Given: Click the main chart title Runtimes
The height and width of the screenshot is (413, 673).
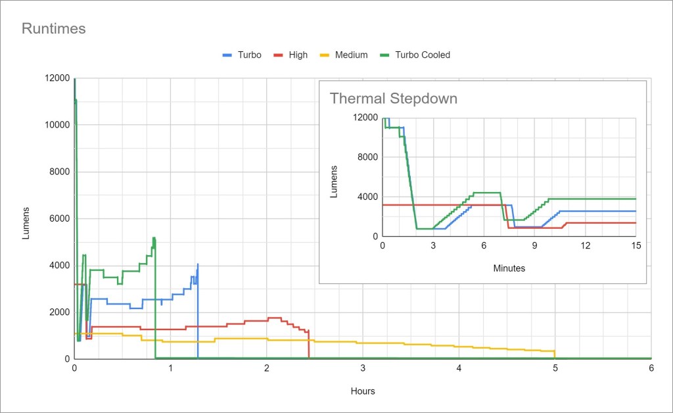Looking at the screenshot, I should coord(54,29).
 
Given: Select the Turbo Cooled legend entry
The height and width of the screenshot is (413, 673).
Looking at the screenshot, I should coord(422,55).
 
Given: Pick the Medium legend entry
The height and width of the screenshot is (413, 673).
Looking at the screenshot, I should coord(351,55).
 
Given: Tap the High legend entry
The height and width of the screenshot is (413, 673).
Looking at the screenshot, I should coord(298,55).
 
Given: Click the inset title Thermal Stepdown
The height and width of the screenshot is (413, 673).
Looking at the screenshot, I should coord(393,99).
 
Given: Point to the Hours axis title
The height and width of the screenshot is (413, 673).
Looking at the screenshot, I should coord(362,391).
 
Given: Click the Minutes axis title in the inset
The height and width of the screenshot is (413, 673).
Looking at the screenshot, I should coord(509,268).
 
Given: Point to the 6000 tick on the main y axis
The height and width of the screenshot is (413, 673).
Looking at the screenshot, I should coord(58,218).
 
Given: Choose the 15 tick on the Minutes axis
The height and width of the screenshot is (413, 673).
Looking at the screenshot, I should coord(636,245).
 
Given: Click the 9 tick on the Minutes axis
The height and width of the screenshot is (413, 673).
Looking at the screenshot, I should coord(534,245).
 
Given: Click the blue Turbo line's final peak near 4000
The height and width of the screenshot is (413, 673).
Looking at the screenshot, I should coord(198,264).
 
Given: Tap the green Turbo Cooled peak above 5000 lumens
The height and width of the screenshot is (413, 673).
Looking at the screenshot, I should coord(153,238).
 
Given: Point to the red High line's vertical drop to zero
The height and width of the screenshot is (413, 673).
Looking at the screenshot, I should coord(309,345).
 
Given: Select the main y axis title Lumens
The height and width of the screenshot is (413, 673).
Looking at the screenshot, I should coord(26,222).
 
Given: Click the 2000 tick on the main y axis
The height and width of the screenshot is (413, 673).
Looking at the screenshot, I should coord(58,312).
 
